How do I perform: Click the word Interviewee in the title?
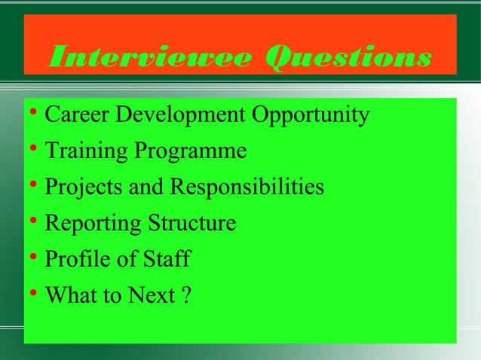click(144, 57)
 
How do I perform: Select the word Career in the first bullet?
click(73, 116)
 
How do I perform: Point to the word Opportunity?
click(310, 116)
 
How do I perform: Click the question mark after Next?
click(185, 296)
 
